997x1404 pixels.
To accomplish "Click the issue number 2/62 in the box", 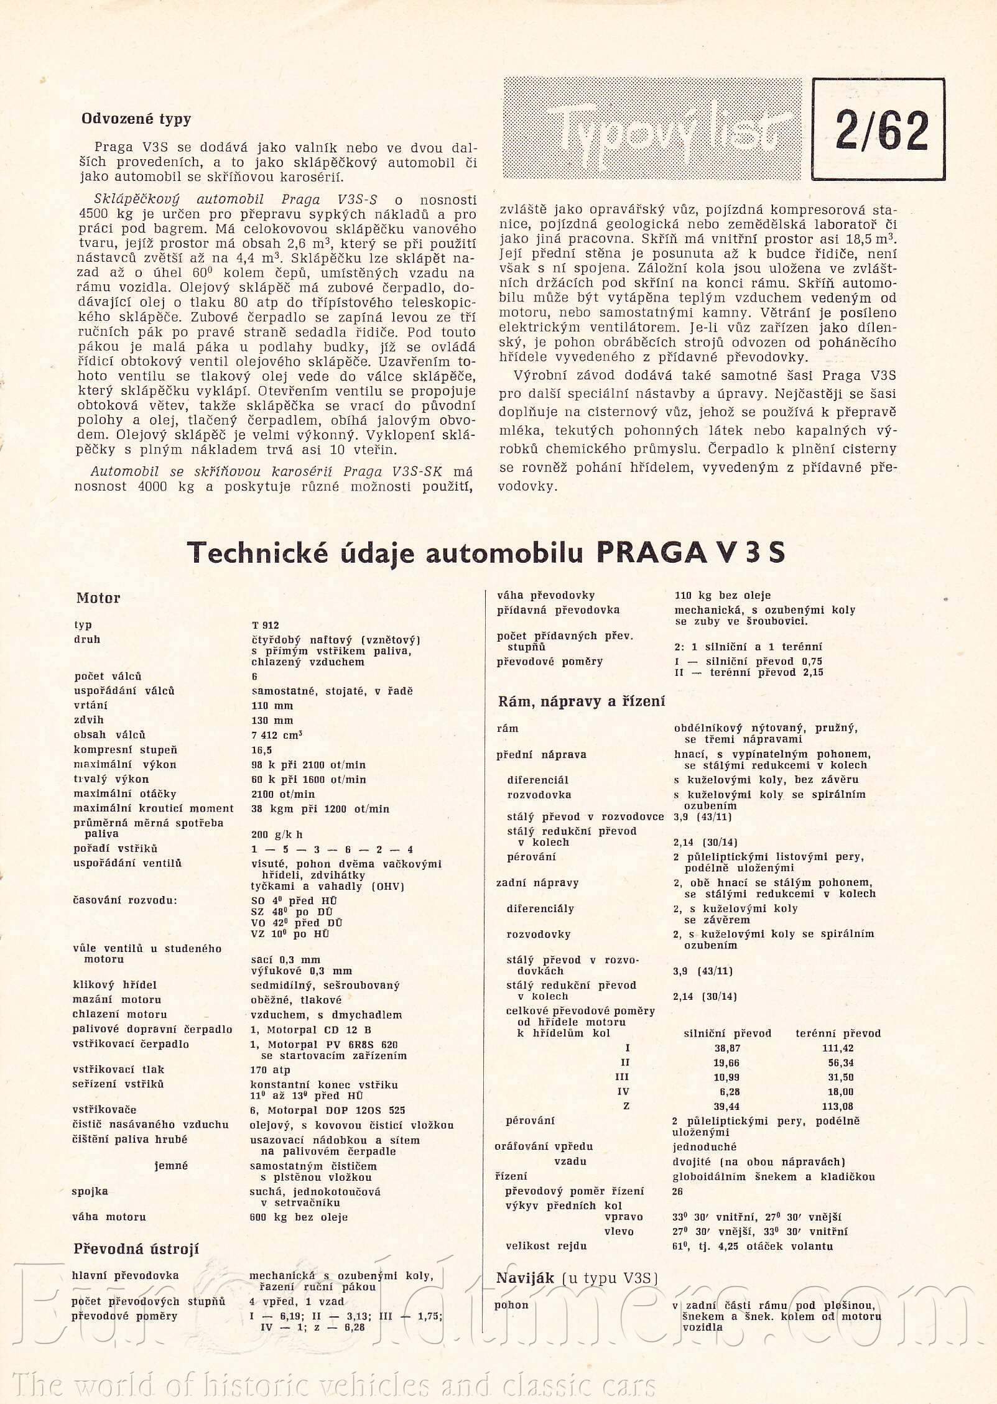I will [881, 130].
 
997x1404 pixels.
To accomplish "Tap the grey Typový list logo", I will [652, 130].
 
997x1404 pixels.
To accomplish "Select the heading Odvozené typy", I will [136, 119].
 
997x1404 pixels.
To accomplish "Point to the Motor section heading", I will [98, 598].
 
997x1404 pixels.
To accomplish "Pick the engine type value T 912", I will [266, 626].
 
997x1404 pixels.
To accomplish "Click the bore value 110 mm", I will [272, 706].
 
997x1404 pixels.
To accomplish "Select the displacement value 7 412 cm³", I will [277, 735].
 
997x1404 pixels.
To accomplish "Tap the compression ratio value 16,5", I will [262, 750].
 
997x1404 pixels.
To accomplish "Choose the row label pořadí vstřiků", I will [116, 849].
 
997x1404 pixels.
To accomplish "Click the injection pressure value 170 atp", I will [270, 1070].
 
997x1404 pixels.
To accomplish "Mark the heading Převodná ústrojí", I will [136, 1249].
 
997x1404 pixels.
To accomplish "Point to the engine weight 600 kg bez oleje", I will [299, 1217].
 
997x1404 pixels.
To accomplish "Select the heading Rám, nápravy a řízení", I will [582, 702].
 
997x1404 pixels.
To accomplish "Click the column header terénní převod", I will [838, 1033].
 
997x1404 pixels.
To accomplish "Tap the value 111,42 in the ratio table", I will [838, 1048].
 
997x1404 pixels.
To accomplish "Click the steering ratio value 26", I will [677, 1192].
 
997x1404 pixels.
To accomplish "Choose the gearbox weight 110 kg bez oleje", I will [723, 596].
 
